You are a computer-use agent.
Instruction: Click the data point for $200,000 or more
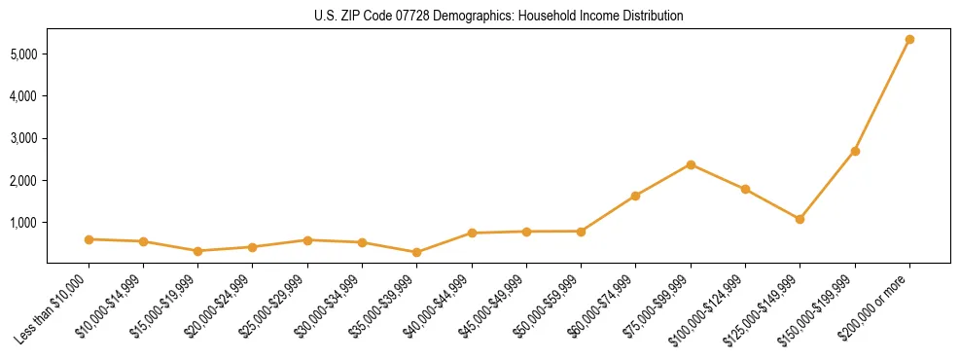tap(909, 40)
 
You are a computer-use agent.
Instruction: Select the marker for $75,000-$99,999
tap(691, 164)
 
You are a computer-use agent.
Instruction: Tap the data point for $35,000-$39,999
tap(417, 252)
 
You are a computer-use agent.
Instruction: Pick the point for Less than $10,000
tap(89, 239)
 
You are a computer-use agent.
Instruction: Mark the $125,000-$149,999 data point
tap(800, 219)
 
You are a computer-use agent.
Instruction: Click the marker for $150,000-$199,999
tap(855, 151)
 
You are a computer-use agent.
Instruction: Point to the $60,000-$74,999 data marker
tap(636, 196)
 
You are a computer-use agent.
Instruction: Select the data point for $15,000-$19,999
tap(198, 251)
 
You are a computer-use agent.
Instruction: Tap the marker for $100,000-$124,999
tap(745, 189)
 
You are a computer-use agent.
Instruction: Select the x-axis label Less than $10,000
tap(53, 307)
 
